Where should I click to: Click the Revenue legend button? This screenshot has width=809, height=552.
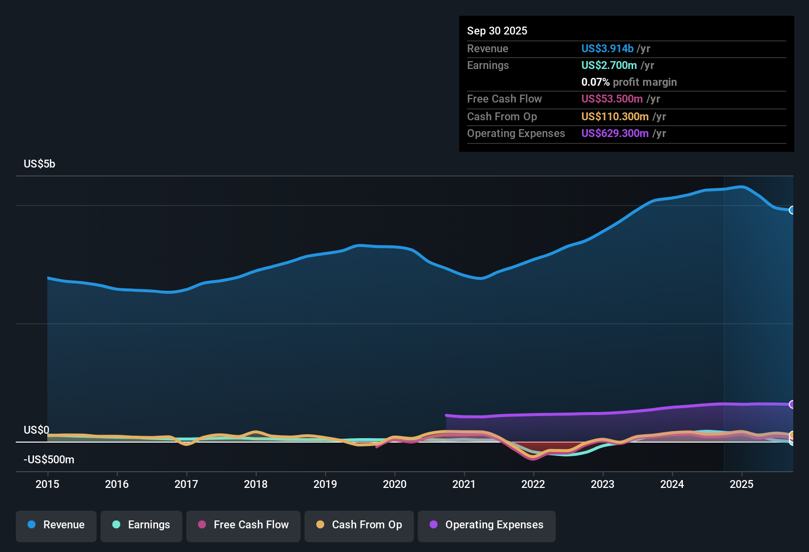point(56,525)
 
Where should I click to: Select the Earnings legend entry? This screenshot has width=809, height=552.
point(141,525)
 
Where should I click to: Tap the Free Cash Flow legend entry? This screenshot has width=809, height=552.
point(243,525)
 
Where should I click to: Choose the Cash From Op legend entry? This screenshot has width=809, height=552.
point(359,525)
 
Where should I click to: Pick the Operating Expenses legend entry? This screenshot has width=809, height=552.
point(487,525)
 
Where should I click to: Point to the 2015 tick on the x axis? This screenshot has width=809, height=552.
point(47,484)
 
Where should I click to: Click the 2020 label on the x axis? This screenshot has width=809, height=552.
point(395,484)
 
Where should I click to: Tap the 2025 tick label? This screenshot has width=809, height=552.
point(742,484)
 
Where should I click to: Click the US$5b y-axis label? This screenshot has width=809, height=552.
point(39,164)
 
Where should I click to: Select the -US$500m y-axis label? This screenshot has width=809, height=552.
point(49,459)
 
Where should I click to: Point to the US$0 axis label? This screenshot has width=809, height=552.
point(36,430)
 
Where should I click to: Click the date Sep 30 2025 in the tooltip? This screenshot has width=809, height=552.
point(497,31)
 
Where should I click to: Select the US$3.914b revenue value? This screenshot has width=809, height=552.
point(607,48)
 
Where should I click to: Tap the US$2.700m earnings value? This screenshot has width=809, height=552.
point(609,65)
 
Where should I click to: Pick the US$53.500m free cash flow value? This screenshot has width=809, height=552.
point(612,99)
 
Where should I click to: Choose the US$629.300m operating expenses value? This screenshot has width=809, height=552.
point(615,133)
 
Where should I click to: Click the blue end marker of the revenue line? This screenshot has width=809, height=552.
point(792,210)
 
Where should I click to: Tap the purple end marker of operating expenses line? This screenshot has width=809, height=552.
point(792,404)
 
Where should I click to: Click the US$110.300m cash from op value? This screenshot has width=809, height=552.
point(615,116)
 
